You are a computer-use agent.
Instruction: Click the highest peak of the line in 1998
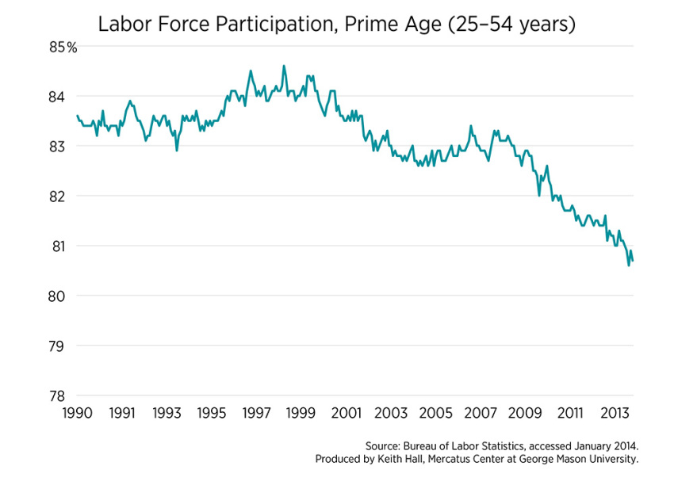pos(284,66)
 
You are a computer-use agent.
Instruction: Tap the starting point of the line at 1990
pos(77,116)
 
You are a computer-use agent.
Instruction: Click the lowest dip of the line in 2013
pos(629,266)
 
